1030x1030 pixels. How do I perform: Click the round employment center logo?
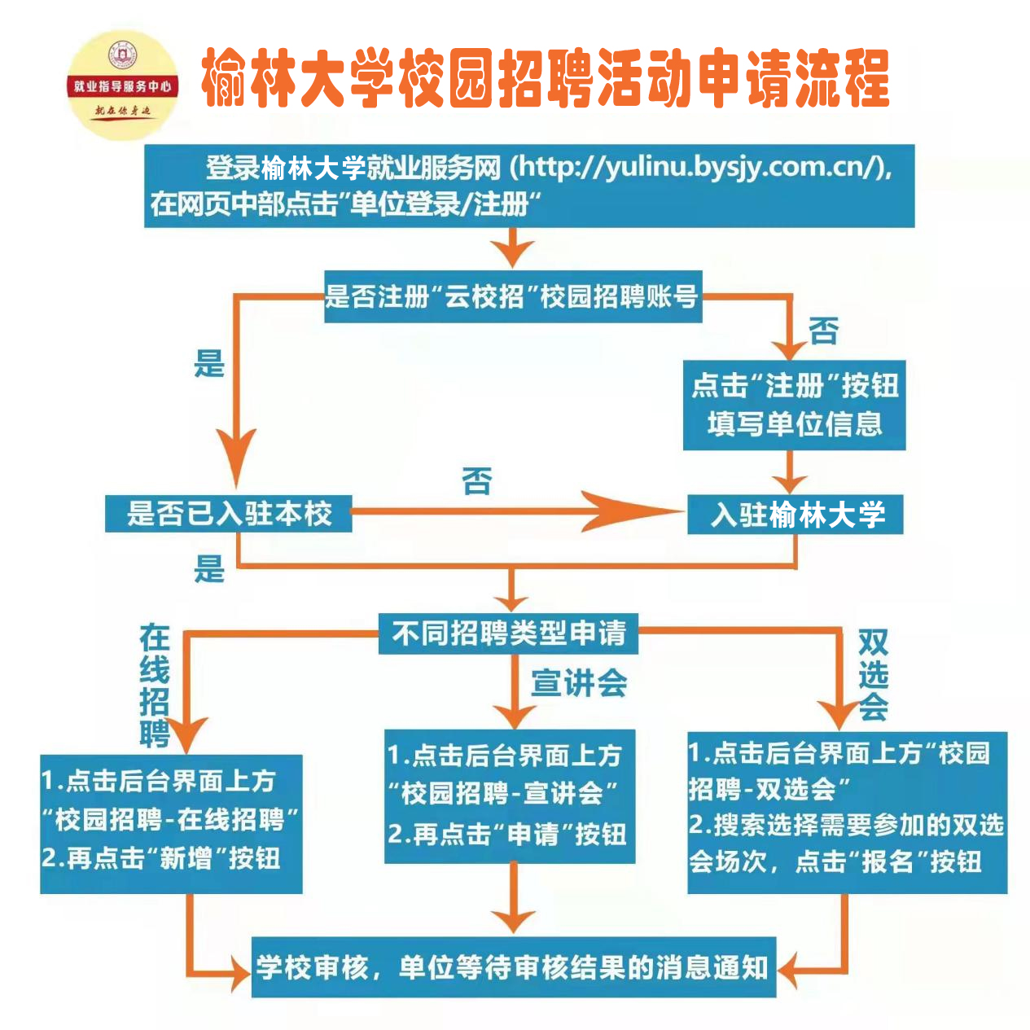coord(122,85)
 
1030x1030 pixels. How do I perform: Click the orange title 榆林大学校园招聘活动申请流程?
coord(545,78)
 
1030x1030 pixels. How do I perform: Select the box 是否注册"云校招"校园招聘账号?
coord(512,296)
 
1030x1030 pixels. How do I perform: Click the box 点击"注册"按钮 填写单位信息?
coord(794,405)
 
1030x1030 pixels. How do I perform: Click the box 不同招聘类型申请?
coord(508,633)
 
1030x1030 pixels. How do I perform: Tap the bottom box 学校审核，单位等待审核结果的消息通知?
coord(513,967)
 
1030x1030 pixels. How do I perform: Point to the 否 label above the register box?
coord(823,331)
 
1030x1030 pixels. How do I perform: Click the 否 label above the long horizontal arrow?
coord(477,480)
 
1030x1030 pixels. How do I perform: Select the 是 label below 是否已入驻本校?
coord(209,568)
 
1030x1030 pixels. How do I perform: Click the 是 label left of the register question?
coord(209,363)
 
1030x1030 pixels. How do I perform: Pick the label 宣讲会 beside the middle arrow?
coord(579,683)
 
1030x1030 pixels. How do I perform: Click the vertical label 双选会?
coord(873,675)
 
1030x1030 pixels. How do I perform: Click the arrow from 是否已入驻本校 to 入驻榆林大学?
coord(513,513)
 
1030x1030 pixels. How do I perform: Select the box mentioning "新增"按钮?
coord(171,823)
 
